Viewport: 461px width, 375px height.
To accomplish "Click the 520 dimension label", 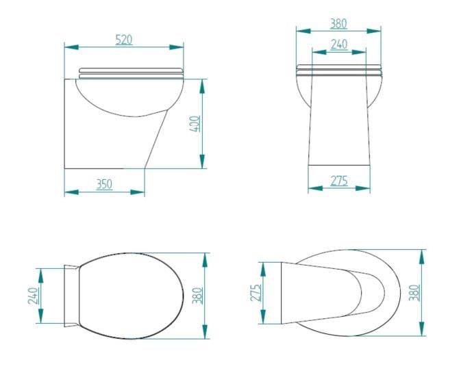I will (123, 40).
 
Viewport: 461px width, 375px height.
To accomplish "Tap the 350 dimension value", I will (103, 184).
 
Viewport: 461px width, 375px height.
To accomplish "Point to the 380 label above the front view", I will (338, 23).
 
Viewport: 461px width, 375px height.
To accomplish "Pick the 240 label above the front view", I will (338, 44).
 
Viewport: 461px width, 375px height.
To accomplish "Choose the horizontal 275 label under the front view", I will (338, 181).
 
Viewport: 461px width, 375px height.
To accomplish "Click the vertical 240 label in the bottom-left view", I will (33, 296).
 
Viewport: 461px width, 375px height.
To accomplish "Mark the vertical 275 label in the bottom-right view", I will (256, 294).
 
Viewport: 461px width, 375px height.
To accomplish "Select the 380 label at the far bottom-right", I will (414, 293).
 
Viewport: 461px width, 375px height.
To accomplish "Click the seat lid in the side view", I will (131, 70).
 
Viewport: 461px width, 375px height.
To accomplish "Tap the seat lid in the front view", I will (338, 69).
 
